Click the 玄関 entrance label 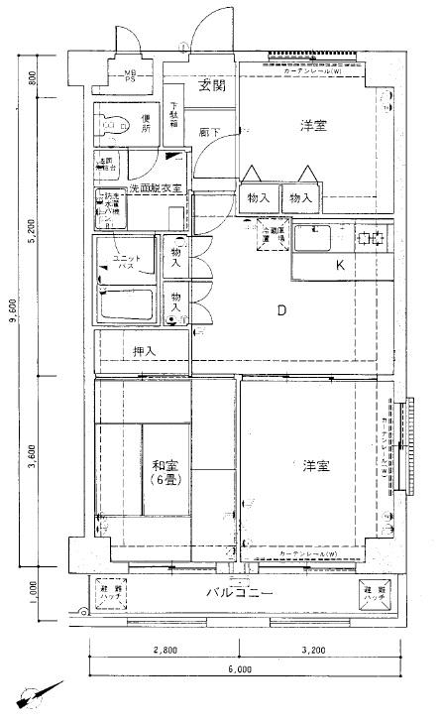pos(211,86)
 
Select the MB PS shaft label pos(131,76)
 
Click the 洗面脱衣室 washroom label pos(155,187)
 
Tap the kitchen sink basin pos(323,239)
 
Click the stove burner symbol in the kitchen pos(374,238)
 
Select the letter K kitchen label pos(339,265)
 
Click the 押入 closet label pos(145,351)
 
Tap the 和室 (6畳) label pos(165,471)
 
